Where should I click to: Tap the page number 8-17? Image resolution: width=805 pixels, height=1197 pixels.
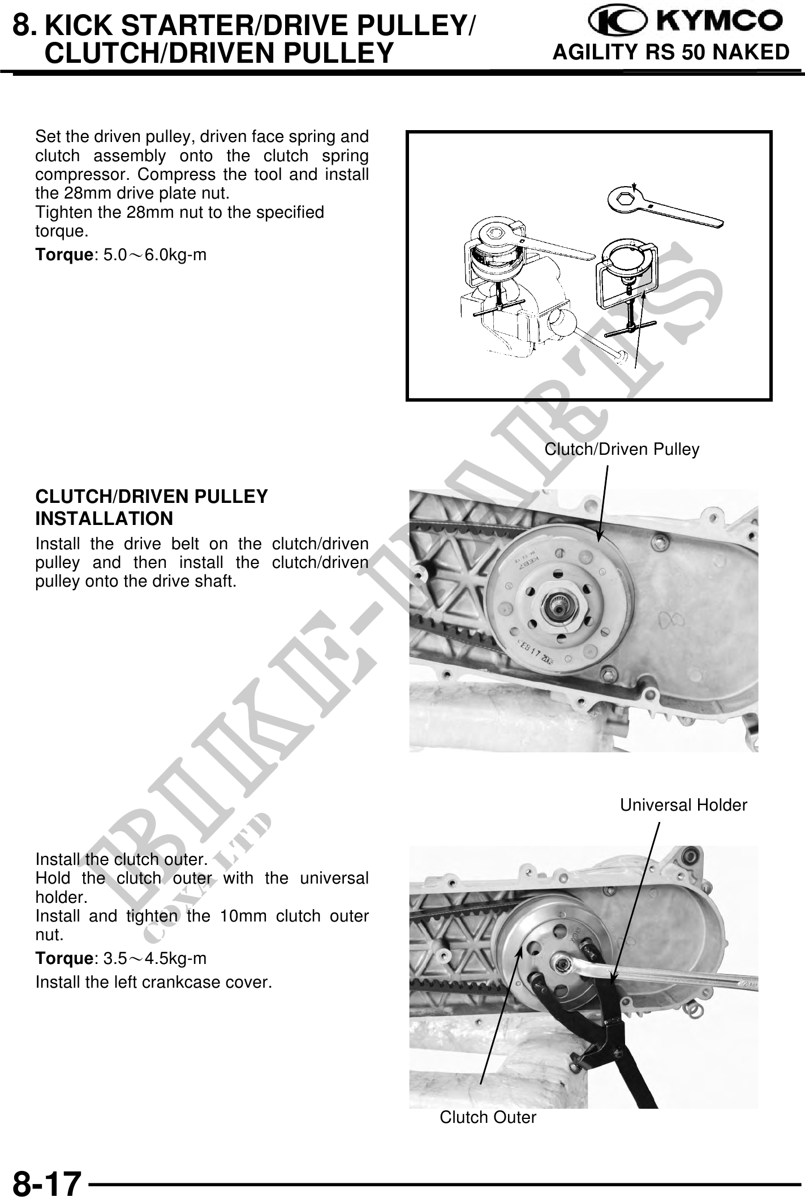point(47,1181)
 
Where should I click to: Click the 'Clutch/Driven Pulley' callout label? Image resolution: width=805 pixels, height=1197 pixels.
point(622,449)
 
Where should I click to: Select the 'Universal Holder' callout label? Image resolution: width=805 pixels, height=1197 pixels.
point(683,805)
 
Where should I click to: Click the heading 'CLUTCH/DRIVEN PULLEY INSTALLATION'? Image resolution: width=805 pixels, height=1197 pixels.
point(152,507)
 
